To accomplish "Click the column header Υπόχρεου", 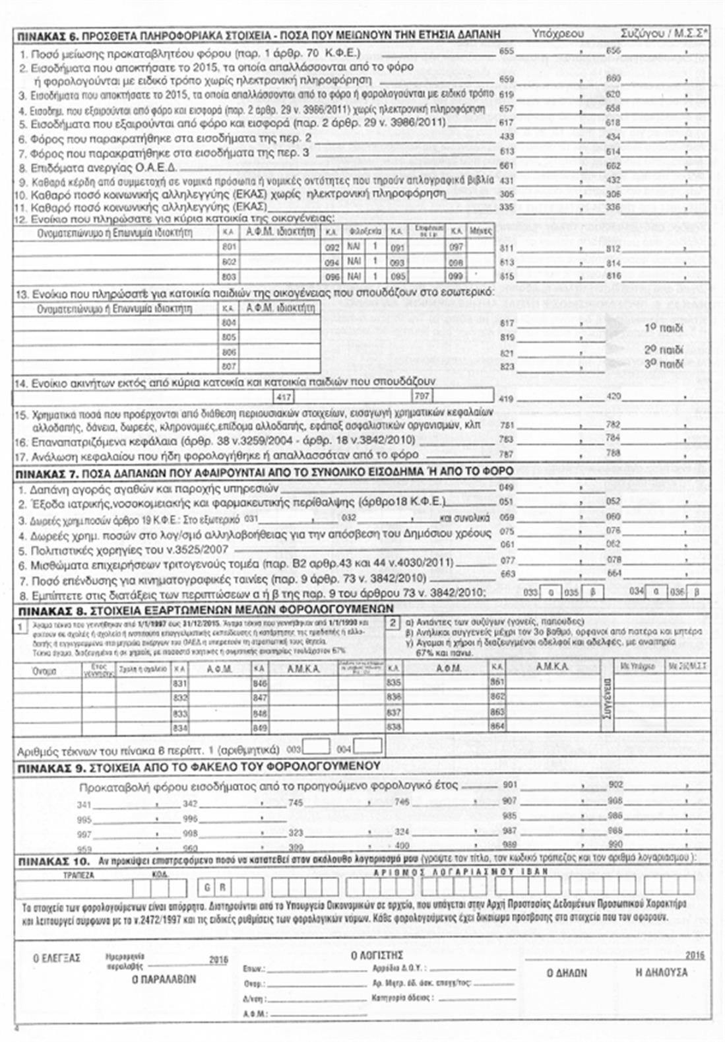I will (557, 33).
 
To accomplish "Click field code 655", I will (507, 51).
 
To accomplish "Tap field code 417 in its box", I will (284, 396).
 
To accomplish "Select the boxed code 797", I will (422, 396).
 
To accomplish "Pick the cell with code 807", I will (228, 366).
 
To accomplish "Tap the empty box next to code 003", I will (316, 747).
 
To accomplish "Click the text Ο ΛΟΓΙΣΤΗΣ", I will (377, 955).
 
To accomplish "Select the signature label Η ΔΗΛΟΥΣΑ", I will (661, 972).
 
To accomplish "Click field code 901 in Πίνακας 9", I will (509, 784).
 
